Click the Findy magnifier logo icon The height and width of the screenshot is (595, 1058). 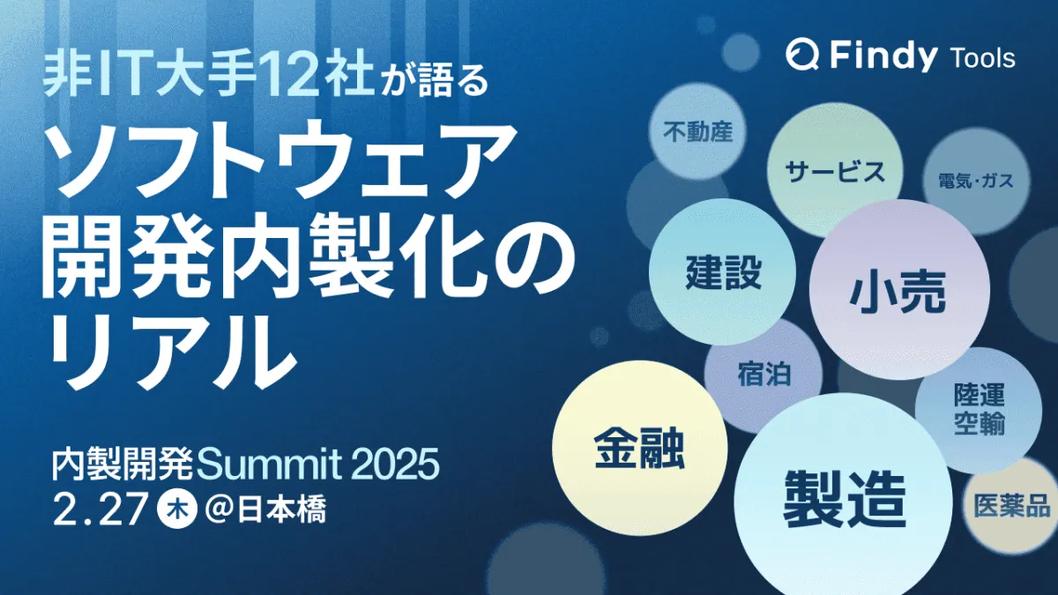click(x=802, y=55)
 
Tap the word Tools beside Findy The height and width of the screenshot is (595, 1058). click(x=981, y=58)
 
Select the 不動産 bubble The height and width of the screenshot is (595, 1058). click(x=697, y=131)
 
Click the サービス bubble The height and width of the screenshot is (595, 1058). click(x=835, y=171)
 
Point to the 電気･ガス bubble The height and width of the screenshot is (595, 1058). click(x=976, y=181)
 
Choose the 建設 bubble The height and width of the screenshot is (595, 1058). click(x=723, y=272)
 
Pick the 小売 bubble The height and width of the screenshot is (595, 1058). click(x=898, y=290)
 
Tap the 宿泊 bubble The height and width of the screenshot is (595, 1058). click(x=764, y=376)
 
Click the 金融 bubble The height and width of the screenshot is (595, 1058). click(x=639, y=448)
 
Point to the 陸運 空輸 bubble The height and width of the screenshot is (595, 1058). click(x=978, y=410)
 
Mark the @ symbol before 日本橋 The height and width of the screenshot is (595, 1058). click(x=220, y=511)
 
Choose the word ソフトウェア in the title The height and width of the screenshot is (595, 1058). click(x=279, y=158)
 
